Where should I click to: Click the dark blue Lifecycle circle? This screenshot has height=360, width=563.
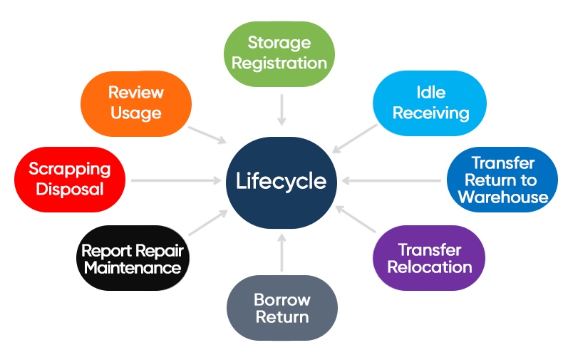click(x=281, y=180)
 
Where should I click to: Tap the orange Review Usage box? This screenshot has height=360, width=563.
click(x=135, y=103)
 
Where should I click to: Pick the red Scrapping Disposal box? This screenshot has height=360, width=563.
click(x=70, y=179)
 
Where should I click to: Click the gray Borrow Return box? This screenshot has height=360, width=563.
click(x=281, y=307)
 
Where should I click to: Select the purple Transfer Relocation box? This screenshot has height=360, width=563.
click(x=430, y=258)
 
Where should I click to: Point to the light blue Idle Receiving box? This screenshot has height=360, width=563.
click(x=430, y=103)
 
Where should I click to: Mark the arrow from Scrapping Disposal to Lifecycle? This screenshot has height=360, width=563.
click(x=175, y=180)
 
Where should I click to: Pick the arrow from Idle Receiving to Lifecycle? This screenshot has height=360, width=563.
click(x=354, y=137)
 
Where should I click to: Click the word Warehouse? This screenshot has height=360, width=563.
click(x=502, y=197)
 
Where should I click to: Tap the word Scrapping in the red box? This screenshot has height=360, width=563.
click(x=70, y=169)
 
